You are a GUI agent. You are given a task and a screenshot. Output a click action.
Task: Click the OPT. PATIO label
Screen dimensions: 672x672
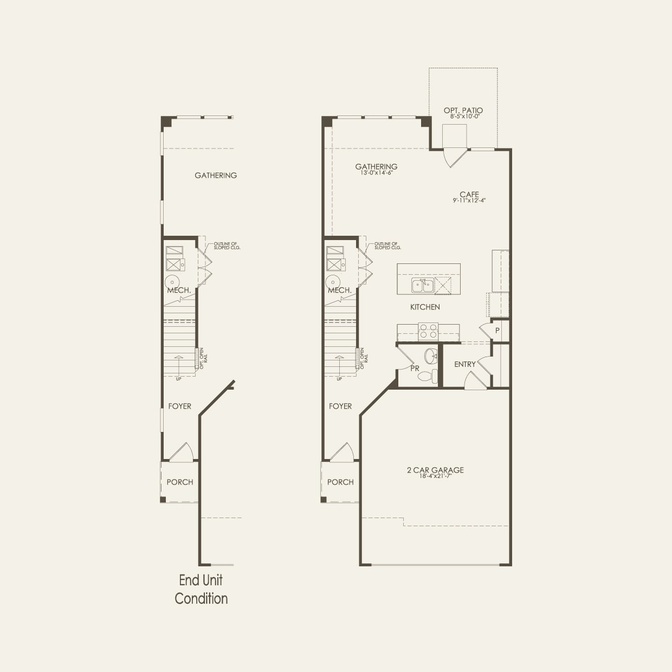[463, 110]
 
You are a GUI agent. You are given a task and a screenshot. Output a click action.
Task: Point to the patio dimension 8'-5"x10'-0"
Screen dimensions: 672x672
[463, 117]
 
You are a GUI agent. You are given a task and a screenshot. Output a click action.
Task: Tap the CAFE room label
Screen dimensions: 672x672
[469, 194]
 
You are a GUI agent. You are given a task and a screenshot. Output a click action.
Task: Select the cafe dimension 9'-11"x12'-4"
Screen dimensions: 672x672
[469, 201]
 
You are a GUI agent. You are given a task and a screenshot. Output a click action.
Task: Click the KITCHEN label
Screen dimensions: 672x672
[425, 307]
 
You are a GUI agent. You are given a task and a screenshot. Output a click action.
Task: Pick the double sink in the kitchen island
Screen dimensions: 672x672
[422, 285]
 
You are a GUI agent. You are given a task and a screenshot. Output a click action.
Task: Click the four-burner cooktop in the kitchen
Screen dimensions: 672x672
[428, 331]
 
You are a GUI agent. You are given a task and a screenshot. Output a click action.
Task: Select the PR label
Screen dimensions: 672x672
[415, 369]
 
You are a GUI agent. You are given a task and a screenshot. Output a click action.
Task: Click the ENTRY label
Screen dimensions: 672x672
[464, 364]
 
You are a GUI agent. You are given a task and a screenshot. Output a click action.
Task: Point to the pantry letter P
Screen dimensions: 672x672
[497, 330]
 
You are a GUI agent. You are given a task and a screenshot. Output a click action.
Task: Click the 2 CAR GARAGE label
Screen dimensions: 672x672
[435, 470]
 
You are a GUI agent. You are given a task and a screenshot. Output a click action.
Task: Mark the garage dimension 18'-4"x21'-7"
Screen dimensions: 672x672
[435, 476]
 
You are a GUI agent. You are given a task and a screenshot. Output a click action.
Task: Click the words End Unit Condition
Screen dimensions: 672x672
[201, 589]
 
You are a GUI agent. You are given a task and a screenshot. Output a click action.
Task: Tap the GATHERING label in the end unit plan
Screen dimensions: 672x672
[216, 175]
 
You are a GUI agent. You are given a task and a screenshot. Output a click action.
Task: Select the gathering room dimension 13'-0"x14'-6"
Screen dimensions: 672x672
[376, 173]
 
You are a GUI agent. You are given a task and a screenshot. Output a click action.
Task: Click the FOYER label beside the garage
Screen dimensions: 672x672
[340, 406]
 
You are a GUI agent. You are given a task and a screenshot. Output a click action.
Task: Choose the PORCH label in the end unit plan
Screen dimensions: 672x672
[179, 482]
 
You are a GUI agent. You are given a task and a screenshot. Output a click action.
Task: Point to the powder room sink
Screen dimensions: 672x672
[431, 356]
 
